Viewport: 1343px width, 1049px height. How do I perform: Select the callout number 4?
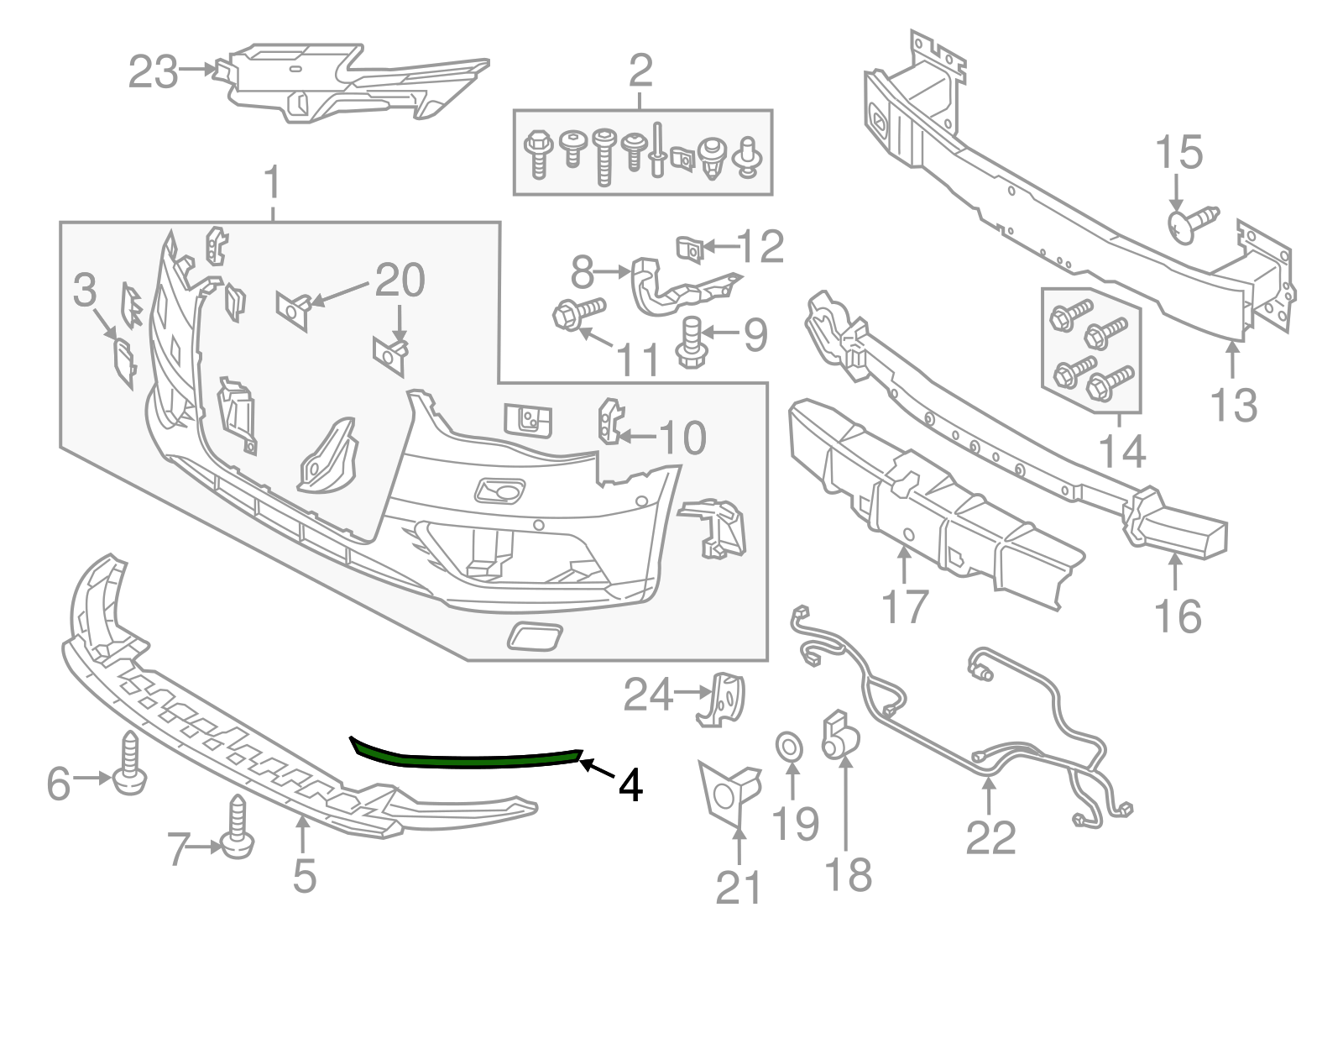630,786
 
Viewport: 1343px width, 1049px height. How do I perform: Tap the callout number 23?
153,72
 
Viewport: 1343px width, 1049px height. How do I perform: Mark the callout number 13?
1234,405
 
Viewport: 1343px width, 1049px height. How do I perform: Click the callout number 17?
905,606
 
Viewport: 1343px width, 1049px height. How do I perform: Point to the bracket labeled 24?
727,697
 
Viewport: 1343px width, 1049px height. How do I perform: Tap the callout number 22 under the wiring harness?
990,837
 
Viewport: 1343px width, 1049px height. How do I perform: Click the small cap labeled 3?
123,362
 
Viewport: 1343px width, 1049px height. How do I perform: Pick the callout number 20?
400,281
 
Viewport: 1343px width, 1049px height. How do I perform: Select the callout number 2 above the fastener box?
640,72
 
